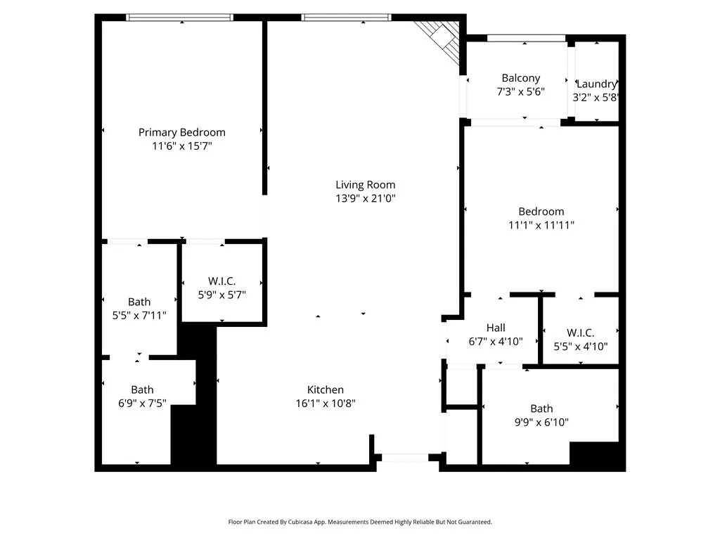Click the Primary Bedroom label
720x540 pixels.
coord(181,132)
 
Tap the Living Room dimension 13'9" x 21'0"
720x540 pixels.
coord(365,198)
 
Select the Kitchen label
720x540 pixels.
coord(326,390)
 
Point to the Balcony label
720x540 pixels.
coord(520,78)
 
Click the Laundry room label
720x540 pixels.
coord(596,84)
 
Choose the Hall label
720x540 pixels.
coord(496,328)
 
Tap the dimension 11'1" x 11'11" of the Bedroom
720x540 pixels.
coord(541,225)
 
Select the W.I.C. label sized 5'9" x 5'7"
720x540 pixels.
coord(221,281)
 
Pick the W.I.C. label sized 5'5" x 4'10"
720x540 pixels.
coord(580,333)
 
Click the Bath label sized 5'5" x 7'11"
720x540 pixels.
coord(139,302)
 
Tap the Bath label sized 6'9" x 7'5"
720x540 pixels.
coord(142,390)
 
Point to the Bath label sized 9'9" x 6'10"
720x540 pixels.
coord(541,409)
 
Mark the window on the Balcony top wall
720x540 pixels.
coord(526,38)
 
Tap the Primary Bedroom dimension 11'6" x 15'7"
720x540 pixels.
coord(181,146)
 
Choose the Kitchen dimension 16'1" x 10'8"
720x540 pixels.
coord(326,404)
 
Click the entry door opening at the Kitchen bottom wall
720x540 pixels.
coord(404,458)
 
